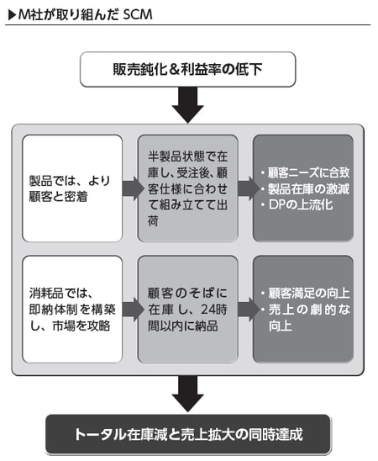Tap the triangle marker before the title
coord(10,14)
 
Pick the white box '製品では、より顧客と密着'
coord(73,188)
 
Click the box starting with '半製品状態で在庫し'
coord(187,188)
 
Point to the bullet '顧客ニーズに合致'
coord(304,171)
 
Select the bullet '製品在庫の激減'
coord(304,188)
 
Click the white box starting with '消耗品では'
coord(73,309)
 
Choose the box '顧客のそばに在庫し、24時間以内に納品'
coord(187,309)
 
